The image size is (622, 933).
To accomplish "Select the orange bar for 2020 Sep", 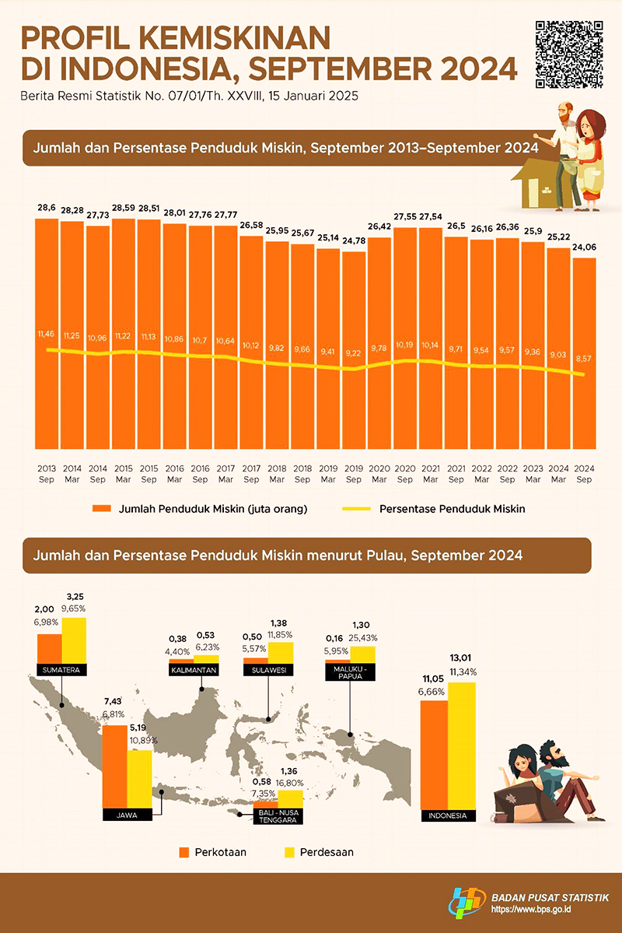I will click(404, 338).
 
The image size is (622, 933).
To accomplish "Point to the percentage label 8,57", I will click(583, 360).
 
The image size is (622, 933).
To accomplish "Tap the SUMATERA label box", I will click(61, 669).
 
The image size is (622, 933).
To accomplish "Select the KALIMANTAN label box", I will click(194, 669).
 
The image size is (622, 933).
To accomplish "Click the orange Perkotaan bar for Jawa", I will click(114, 766).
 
